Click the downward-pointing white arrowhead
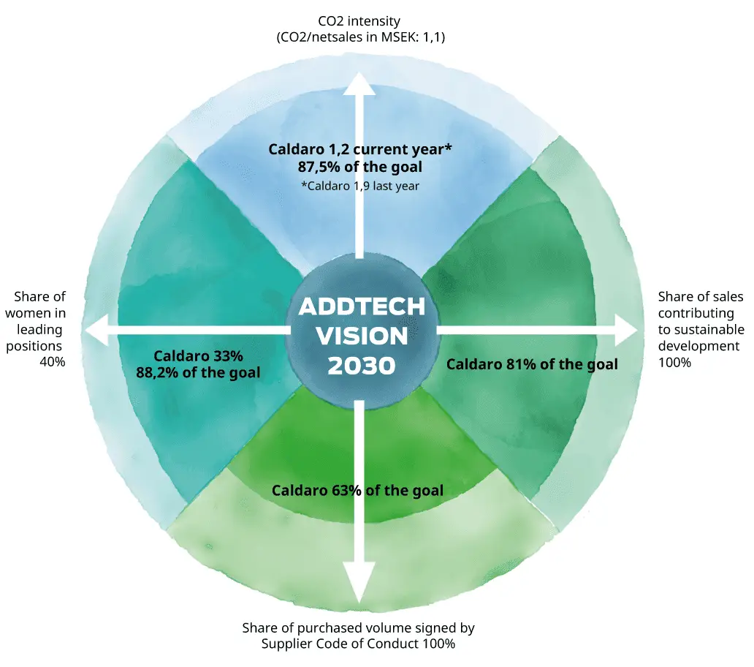click(x=359, y=581)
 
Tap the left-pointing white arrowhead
click(x=99, y=331)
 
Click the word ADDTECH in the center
click(x=362, y=306)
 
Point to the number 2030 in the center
click(x=362, y=365)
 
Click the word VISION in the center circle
click(x=362, y=336)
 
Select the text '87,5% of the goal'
click(x=359, y=166)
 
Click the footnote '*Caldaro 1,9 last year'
click(x=360, y=186)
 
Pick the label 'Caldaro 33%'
click(x=198, y=355)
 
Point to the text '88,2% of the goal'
click(x=198, y=372)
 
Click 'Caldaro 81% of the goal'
click(x=532, y=363)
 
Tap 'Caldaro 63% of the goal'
click(x=357, y=490)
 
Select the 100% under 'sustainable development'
click(x=674, y=361)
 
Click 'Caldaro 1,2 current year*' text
click(x=360, y=149)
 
